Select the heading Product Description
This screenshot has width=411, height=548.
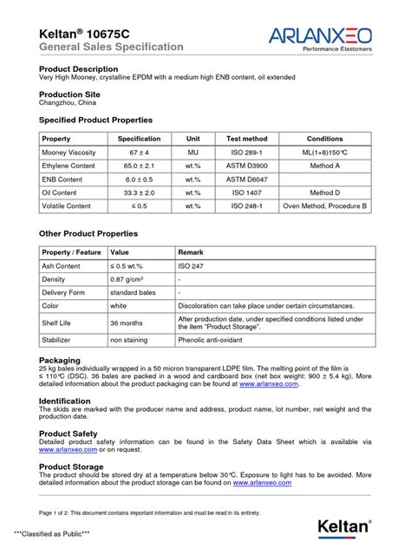coord(79,68)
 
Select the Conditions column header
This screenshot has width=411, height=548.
coord(324,139)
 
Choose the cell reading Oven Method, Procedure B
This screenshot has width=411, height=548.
coord(324,206)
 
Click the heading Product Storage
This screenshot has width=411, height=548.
coord(71,466)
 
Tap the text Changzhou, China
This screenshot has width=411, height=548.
coord(68,102)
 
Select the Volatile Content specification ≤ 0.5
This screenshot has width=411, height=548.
coord(139,206)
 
